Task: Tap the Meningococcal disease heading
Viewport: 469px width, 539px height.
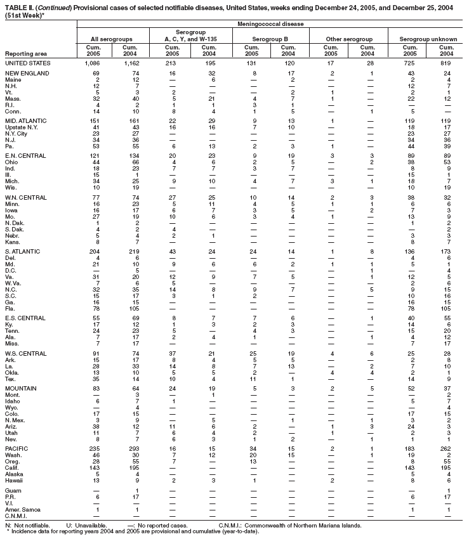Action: pos(272,24)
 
